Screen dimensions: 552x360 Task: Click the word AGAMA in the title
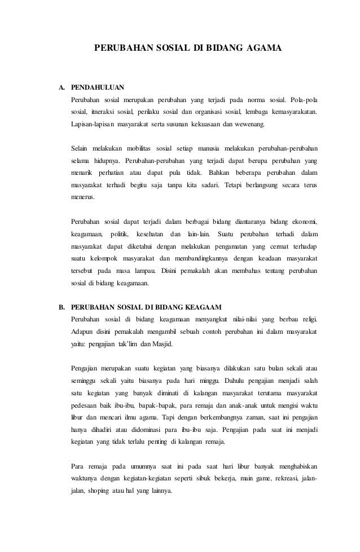(x=262, y=50)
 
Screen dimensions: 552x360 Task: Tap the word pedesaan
(x=80, y=405)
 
